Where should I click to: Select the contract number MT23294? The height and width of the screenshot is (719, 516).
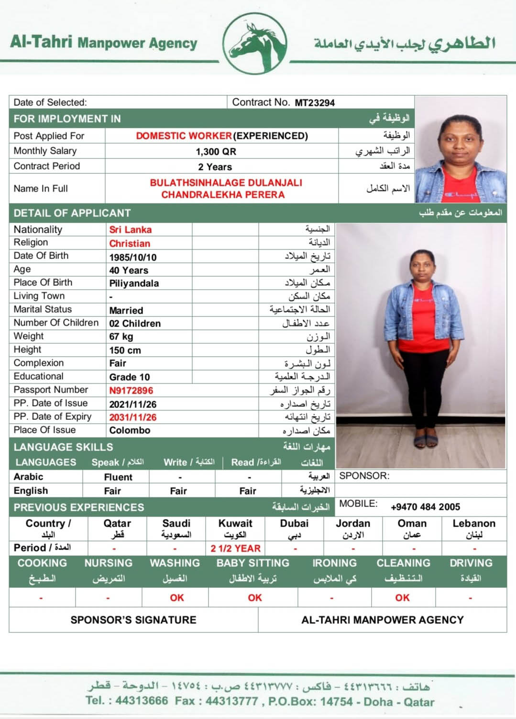tap(315, 102)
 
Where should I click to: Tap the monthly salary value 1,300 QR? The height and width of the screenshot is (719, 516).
tap(216, 152)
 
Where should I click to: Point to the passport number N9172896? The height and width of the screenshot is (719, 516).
tap(131, 391)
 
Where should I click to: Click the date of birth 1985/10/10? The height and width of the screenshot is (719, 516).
tap(132, 257)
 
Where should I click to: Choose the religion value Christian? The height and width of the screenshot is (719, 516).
tap(130, 244)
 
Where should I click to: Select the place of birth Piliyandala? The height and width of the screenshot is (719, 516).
tap(134, 283)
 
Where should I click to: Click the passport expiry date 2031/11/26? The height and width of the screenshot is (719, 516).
tap(132, 417)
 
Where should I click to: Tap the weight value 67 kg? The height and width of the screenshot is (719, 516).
tap(121, 337)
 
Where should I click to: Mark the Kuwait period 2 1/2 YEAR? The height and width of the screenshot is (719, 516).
tap(235, 549)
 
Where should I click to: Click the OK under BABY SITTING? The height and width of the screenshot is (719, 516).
tap(254, 597)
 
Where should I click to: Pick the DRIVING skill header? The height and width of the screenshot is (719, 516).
tap(471, 563)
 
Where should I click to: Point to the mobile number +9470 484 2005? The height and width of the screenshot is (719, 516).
tap(425, 507)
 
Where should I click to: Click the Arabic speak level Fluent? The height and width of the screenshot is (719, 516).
tap(118, 477)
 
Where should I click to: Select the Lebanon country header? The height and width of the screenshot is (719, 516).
tap(473, 524)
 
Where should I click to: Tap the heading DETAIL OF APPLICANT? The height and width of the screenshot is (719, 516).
tap(72, 213)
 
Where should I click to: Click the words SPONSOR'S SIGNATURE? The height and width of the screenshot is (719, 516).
tap(133, 620)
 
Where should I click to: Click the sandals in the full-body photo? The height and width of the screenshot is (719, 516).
tap(426, 440)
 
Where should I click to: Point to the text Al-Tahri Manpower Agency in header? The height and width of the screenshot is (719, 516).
tap(104, 43)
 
